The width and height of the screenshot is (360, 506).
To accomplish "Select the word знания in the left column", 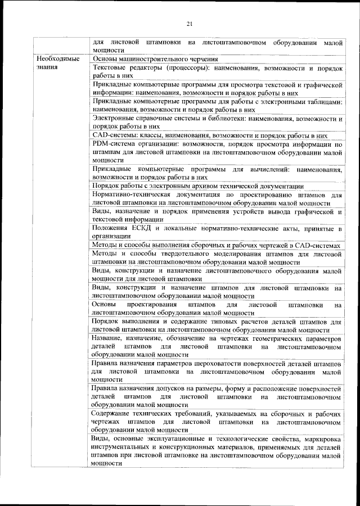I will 44,67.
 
